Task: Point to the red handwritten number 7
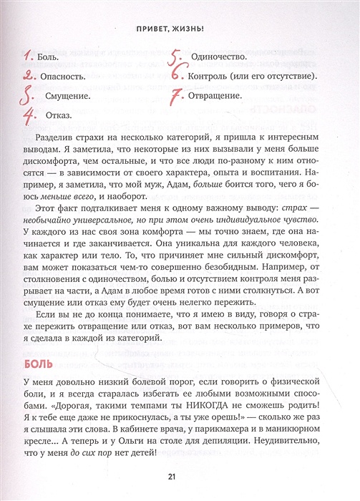click(x=176, y=95)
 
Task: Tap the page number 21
click(x=180, y=477)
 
